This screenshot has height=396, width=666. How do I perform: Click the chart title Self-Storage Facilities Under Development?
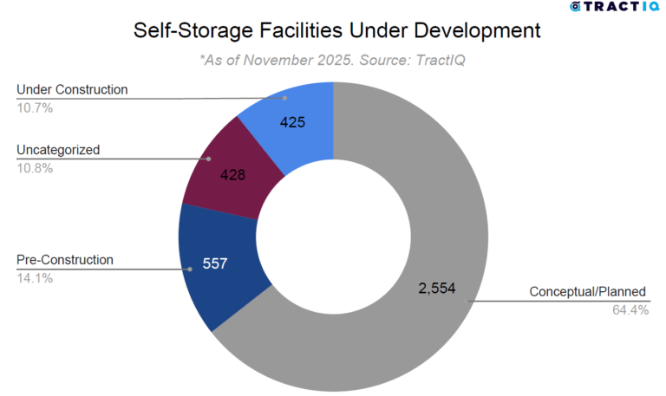pyautogui.click(x=337, y=30)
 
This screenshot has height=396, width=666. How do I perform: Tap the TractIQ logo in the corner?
pyautogui.click(x=615, y=7)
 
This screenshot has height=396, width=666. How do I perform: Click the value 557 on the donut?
pyautogui.click(x=213, y=263)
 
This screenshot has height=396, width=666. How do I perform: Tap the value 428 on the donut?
pyautogui.click(x=232, y=174)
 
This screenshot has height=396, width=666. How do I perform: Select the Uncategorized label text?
pyautogui.click(x=58, y=150)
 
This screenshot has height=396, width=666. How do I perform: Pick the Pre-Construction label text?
pyautogui.click(x=65, y=259)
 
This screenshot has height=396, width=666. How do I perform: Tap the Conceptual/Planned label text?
pyautogui.click(x=589, y=292)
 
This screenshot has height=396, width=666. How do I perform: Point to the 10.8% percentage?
pyautogui.click(x=35, y=168)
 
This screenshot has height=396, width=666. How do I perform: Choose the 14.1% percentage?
pyautogui.click(x=34, y=277)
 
